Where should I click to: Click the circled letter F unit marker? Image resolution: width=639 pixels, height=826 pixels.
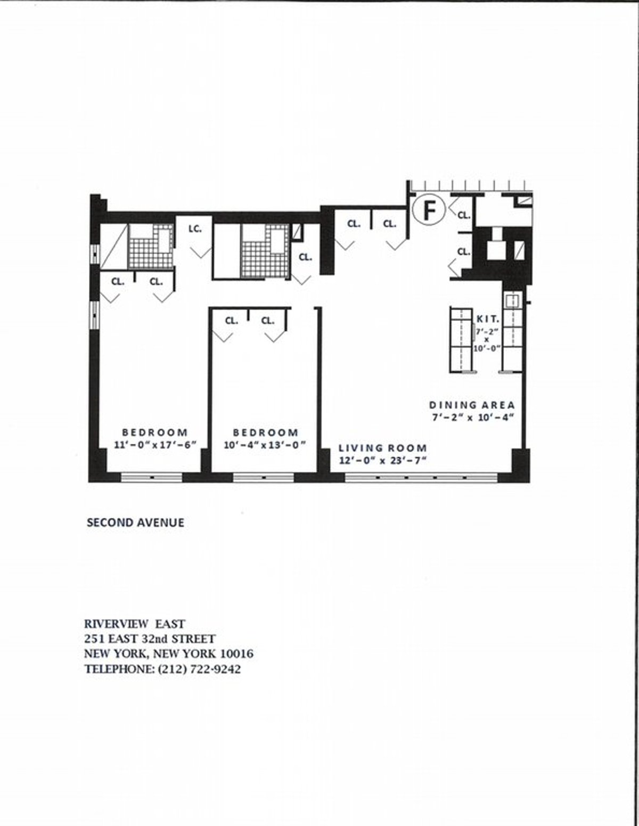(429, 210)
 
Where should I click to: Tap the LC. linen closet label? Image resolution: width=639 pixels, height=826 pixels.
(195, 229)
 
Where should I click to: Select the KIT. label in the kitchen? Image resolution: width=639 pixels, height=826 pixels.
(487, 319)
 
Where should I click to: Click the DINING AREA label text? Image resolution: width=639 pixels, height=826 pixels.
(472, 405)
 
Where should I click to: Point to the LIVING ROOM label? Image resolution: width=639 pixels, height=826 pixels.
(383, 448)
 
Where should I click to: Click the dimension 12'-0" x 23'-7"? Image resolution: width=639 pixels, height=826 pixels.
(383, 461)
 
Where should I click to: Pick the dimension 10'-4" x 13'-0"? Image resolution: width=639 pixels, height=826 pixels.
(265, 445)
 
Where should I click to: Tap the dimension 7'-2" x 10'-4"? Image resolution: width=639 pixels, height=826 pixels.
(472, 418)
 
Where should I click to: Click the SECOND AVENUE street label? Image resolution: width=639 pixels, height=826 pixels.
(135, 522)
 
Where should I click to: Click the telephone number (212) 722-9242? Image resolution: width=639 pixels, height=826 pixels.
(199, 669)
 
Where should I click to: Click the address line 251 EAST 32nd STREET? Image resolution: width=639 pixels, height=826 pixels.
(149, 639)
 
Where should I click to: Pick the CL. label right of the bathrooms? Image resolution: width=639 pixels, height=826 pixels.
(305, 257)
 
